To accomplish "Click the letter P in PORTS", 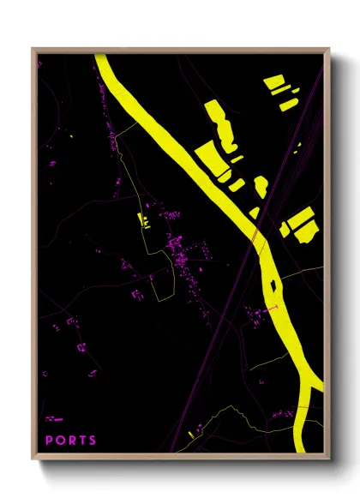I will tap(49, 441).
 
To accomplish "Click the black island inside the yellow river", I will tap(272, 285).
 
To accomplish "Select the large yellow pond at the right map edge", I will tap(302, 221).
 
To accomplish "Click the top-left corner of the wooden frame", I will tap(33, 49).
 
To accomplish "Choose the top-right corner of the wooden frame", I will tap(329, 49).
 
